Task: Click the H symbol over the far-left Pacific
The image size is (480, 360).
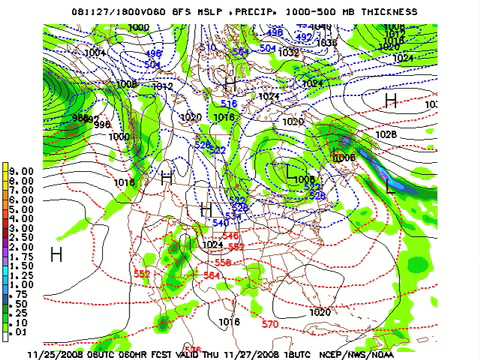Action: [57, 254]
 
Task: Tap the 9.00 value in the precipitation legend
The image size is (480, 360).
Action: [23, 171]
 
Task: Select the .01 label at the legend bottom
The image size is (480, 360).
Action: [23, 330]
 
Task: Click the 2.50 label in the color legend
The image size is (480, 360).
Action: [23, 236]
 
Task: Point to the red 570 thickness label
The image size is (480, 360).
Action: [270, 324]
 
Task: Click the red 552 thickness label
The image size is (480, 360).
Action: [142, 274]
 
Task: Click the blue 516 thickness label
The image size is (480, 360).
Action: [229, 104]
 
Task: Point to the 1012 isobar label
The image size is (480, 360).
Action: [163, 87]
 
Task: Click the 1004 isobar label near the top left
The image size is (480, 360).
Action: [96, 52]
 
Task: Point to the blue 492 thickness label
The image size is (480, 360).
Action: [305, 37]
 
